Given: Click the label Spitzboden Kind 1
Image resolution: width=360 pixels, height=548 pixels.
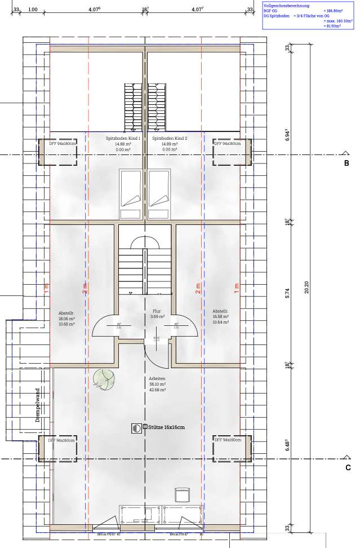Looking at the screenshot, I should pyautogui.click(x=123, y=138).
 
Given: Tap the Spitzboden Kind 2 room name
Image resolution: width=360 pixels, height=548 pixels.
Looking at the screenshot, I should pyautogui.click(x=170, y=138).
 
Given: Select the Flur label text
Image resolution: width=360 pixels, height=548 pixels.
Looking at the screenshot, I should pyautogui.click(x=157, y=311).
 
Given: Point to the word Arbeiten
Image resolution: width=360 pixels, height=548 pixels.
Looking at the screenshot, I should pyautogui.click(x=157, y=379).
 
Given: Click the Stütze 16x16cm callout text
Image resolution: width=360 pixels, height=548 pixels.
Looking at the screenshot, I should pyautogui.click(x=166, y=428).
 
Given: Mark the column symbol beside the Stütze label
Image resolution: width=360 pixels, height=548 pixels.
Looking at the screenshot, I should pyautogui.click(x=136, y=428).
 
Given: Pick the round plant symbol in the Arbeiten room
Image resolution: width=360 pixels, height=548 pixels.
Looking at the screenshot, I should pyautogui.click(x=103, y=378).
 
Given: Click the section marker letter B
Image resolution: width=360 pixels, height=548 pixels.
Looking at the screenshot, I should pyautogui.click(x=347, y=163).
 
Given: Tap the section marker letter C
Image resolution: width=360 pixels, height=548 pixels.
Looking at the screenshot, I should pyautogui.click(x=348, y=467).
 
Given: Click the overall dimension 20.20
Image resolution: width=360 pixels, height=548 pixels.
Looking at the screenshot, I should pyautogui.click(x=306, y=288).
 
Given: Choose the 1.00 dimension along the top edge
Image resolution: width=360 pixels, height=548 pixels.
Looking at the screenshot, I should pyautogui.click(x=33, y=10).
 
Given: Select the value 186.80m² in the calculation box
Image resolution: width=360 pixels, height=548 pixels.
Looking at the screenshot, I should pyautogui.click(x=334, y=11).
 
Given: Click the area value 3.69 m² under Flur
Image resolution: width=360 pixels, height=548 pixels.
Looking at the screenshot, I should pyautogui.click(x=157, y=317).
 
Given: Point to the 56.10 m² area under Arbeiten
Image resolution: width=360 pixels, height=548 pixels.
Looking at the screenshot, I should pyautogui.click(x=157, y=385).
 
